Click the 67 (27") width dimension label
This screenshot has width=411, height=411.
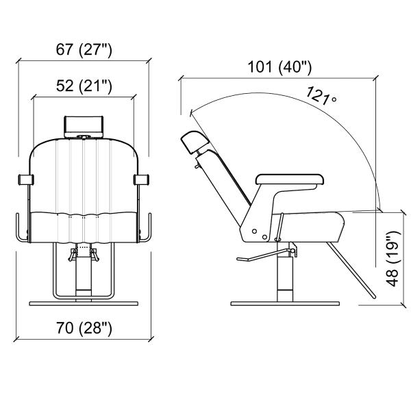84,49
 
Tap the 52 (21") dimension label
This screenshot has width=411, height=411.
84,86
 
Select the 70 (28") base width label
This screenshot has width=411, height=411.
84,327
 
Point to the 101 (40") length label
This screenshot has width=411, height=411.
279,67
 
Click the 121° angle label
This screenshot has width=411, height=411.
321,96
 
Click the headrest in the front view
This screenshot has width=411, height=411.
84,126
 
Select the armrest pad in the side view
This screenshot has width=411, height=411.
290,179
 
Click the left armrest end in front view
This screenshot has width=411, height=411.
26,179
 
